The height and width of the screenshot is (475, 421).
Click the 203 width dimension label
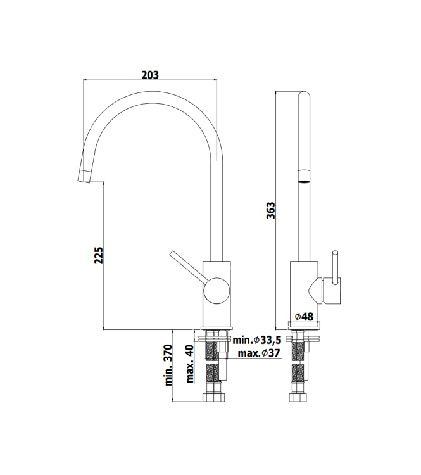149,74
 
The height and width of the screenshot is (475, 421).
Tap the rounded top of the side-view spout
303,96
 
